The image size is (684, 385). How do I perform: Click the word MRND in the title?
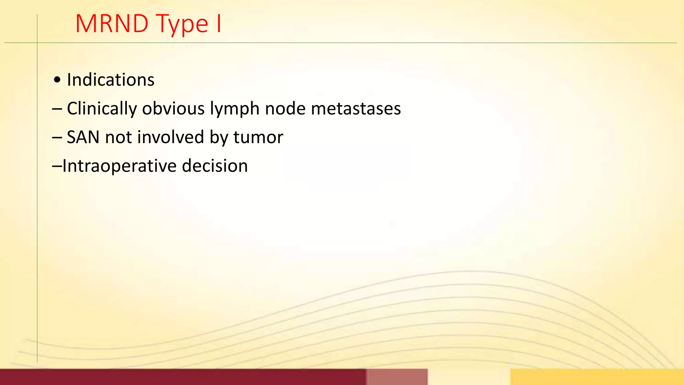tap(112, 24)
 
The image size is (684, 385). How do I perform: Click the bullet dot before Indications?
tap(57, 80)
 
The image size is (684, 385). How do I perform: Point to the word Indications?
tap(111, 80)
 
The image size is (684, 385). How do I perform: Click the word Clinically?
tap(102, 109)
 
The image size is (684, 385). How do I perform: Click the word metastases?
tap(356, 109)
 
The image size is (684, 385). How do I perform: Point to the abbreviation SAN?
tap(83, 137)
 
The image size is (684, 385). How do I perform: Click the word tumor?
tap(258, 137)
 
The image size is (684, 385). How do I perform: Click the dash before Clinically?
tap(57, 109)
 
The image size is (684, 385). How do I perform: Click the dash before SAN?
tap(57, 138)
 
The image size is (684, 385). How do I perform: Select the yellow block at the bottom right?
tap(597, 377)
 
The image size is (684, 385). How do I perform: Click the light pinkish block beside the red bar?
tap(397, 377)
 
